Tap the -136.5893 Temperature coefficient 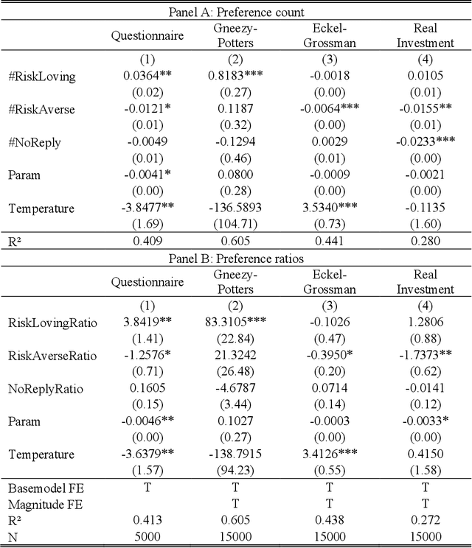235,208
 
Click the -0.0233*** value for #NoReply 425,141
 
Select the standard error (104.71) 235,225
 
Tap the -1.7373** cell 425,356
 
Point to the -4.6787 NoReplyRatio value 235,388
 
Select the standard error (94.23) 235,471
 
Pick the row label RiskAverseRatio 52,356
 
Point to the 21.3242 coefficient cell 235,356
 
